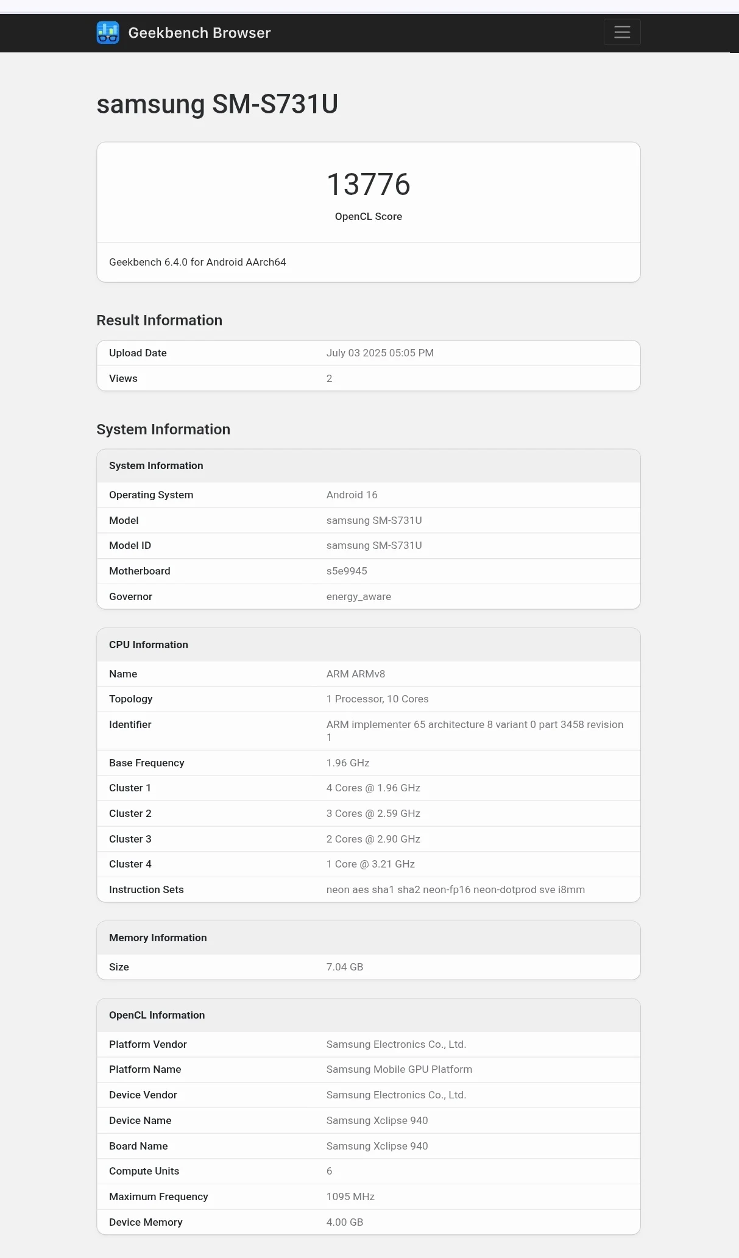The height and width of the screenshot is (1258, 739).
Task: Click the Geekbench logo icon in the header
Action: [108, 33]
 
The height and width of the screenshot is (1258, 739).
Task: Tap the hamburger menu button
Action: [621, 32]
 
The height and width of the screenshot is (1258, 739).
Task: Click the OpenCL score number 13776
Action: [369, 185]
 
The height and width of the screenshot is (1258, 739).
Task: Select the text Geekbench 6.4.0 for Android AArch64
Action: [197, 263]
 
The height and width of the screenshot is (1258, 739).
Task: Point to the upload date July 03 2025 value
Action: [380, 353]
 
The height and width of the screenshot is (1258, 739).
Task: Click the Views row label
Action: [123, 379]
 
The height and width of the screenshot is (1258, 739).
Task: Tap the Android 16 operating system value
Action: [352, 495]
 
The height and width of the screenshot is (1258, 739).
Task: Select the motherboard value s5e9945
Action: [347, 571]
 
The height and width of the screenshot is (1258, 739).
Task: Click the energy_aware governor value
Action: [358, 597]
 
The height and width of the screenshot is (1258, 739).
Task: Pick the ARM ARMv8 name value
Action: [355, 674]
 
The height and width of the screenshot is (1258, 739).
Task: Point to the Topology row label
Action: [130, 699]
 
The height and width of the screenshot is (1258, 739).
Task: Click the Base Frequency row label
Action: [146, 763]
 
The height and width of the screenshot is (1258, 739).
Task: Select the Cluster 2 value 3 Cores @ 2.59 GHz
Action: [373, 814]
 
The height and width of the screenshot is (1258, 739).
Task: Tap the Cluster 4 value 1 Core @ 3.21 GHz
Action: [370, 864]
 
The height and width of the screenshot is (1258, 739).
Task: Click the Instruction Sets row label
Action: [146, 890]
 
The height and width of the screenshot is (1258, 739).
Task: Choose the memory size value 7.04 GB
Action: [344, 967]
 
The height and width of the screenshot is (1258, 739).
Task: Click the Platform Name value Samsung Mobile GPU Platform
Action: [399, 1070]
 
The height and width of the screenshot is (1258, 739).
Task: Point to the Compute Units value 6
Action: [330, 1171]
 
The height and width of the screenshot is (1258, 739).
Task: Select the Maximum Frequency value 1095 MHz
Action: [350, 1197]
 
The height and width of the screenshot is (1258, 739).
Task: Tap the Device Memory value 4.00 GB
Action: [344, 1223]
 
